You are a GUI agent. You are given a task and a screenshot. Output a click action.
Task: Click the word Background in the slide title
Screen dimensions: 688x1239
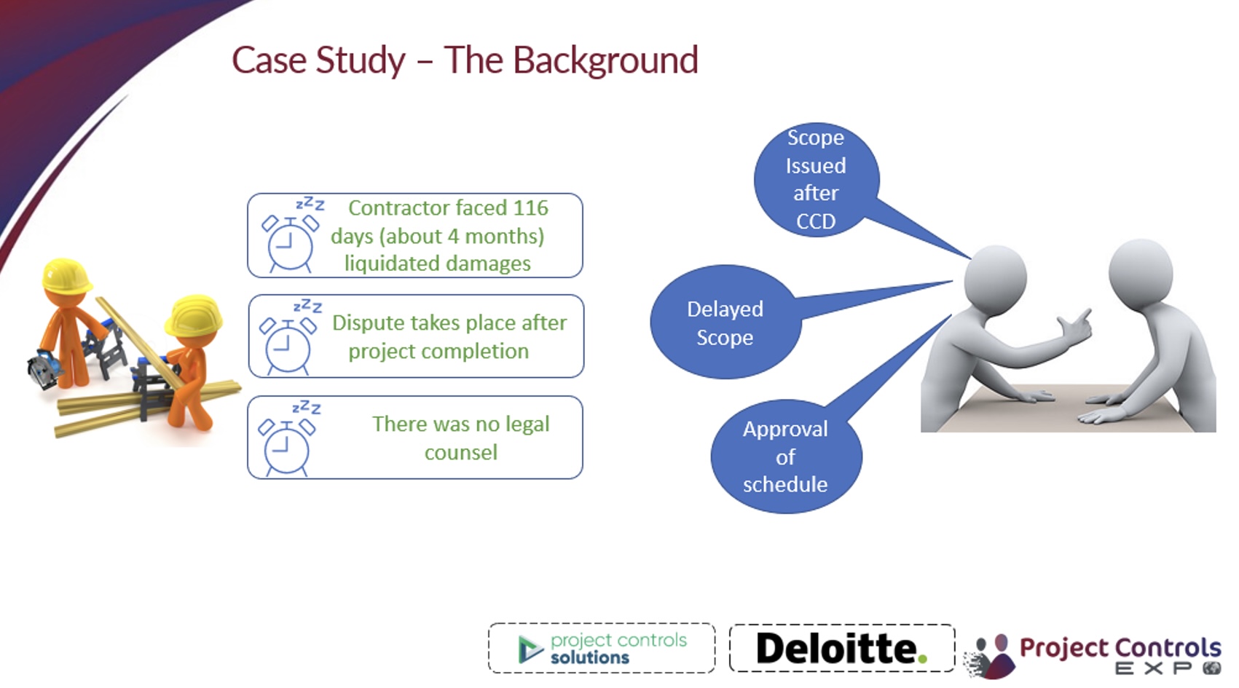(605, 60)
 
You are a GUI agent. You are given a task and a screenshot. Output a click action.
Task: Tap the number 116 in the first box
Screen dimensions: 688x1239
(530, 208)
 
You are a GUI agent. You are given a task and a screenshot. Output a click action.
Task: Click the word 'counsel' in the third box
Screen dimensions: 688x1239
(460, 453)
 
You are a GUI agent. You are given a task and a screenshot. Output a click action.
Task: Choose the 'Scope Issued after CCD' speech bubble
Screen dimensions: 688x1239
(816, 179)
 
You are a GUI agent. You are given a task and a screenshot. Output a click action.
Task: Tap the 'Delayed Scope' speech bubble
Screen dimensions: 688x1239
(725, 323)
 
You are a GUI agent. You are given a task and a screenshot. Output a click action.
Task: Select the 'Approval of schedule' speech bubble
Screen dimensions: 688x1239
(785, 456)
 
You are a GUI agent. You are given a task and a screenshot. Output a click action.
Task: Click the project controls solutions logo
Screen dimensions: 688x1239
(602, 648)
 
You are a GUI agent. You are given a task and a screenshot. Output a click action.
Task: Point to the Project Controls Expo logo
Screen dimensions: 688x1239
(1096, 655)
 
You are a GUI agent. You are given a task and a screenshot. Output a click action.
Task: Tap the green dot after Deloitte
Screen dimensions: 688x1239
(922, 660)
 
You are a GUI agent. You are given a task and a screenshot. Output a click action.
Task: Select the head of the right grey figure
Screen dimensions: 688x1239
(1141, 272)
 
